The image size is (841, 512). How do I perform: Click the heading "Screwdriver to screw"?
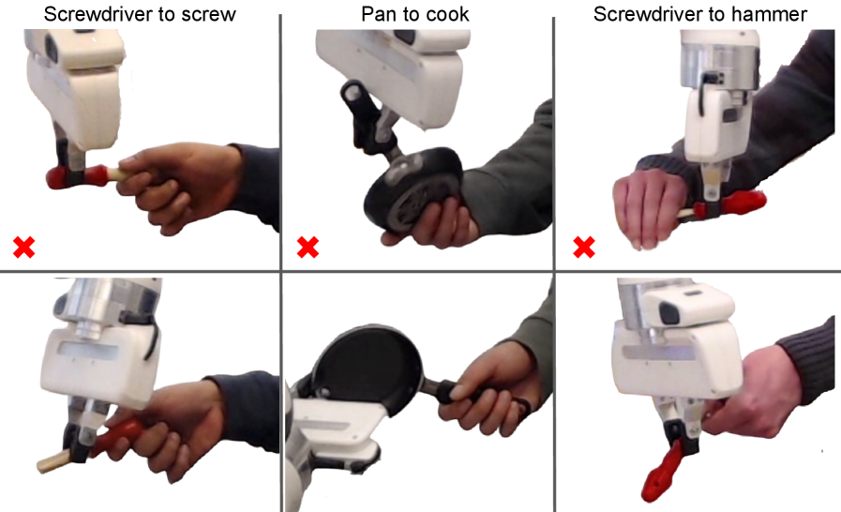140,14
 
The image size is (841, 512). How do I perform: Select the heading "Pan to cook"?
415,14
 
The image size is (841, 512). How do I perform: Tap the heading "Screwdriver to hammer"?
700,14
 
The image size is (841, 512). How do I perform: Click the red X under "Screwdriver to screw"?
24,248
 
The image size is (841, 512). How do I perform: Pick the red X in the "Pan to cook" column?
308,248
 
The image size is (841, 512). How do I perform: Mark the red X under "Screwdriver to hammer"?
584,248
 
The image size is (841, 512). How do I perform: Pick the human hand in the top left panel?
172,185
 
